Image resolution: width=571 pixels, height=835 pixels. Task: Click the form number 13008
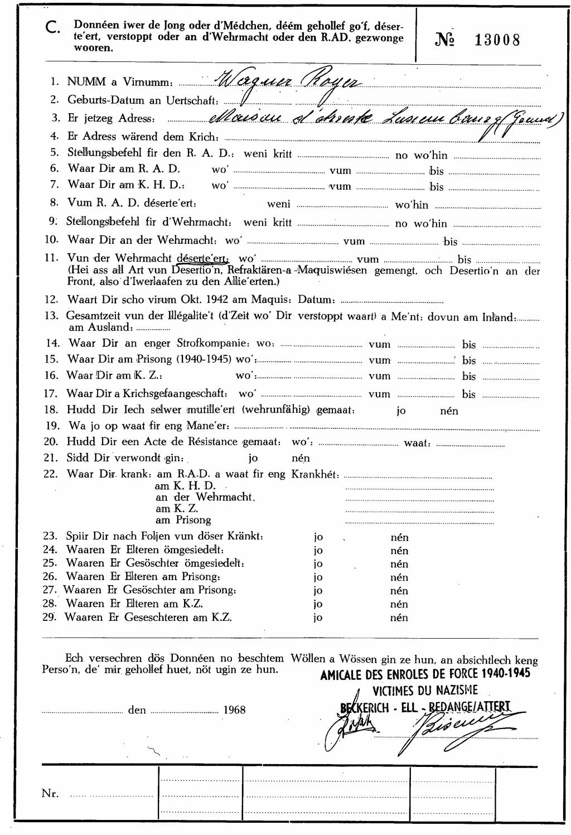click(497, 41)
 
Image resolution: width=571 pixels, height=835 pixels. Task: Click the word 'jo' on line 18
click(401, 411)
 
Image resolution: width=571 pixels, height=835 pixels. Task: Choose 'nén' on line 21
click(301, 458)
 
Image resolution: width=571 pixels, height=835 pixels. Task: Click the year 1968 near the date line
click(234, 710)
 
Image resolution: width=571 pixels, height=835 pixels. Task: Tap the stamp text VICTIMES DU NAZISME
click(425, 691)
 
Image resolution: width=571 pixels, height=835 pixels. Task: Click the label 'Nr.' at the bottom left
click(50, 794)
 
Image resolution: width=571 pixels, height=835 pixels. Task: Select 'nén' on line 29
click(399, 617)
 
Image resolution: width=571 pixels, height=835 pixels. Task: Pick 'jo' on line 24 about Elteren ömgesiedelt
click(318, 551)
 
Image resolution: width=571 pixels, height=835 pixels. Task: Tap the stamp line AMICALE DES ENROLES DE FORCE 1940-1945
click(425, 674)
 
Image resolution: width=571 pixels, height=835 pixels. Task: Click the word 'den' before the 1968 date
click(137, 711)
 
